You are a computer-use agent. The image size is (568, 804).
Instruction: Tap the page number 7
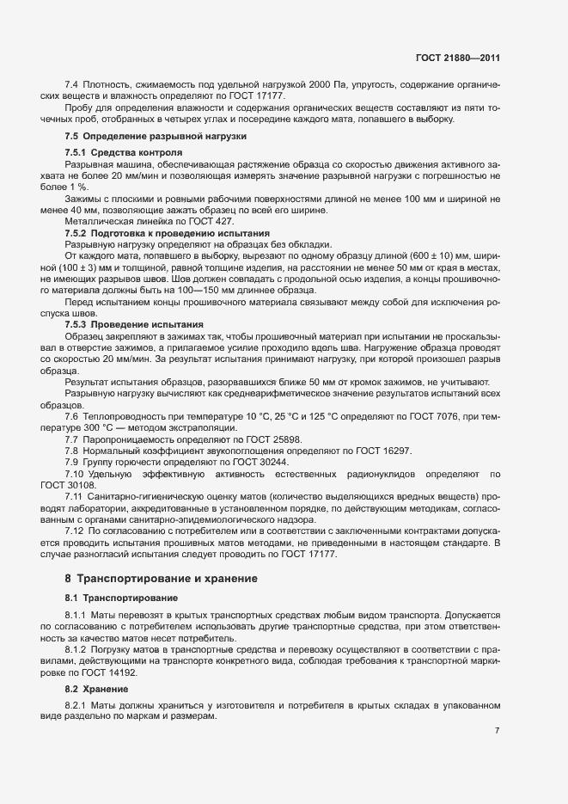point(497,730)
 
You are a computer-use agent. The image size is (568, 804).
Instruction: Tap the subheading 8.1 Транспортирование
point(122,598)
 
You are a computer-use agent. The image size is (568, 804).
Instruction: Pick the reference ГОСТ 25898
point(244,439)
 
